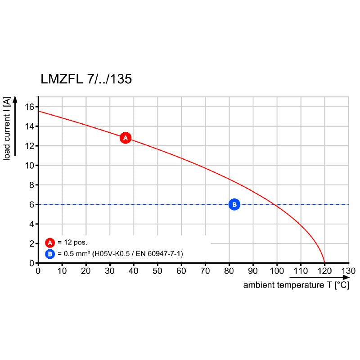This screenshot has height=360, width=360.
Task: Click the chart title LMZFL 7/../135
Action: tap(86, 80)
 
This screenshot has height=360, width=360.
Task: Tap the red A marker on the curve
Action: tap(126, 138)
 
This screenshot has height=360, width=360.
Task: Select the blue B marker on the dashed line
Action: tap(234, 204)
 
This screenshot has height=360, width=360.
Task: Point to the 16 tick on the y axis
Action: tap(30, 107)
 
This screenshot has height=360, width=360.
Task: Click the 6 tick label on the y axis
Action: tap(32, 204)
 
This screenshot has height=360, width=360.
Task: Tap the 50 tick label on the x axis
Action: tap(157, 271)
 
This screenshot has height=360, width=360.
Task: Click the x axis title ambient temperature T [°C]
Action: tap(296, 285)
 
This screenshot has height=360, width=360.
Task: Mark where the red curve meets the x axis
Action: tap(325, 262)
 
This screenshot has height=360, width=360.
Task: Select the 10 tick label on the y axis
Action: tap(30, 165)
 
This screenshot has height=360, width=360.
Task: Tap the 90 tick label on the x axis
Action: tap(253, 271)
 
